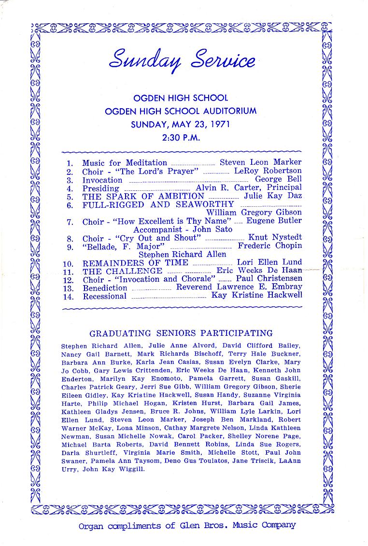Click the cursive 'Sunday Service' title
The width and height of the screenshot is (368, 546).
[x=182, y=61]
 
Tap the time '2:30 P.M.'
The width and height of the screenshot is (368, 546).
[x=181, y=137]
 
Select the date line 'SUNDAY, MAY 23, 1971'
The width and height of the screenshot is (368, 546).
[x=181, y=124]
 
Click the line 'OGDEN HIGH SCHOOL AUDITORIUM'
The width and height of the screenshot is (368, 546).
[x=181, y=111]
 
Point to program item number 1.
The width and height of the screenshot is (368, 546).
[x=70, y=163]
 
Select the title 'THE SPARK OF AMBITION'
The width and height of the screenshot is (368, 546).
[x=143, y=196]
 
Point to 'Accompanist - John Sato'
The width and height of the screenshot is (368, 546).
[x=183, y=230]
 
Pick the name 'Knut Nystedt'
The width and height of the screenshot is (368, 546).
[x=275, y=238]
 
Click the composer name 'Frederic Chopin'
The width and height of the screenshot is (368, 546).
[x=270, y=245]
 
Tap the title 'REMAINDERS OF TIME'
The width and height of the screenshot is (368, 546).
[x=135, y=263]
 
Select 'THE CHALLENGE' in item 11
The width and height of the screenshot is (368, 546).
[x=122, y=271]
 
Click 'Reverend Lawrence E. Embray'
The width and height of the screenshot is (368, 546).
[x=239, y=287]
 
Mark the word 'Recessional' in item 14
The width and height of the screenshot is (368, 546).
[x=104, y=296]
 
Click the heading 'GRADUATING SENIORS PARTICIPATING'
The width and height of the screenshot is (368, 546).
[x=181, y=333]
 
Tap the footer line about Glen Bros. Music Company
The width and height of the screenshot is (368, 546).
[x=187, y=525]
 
